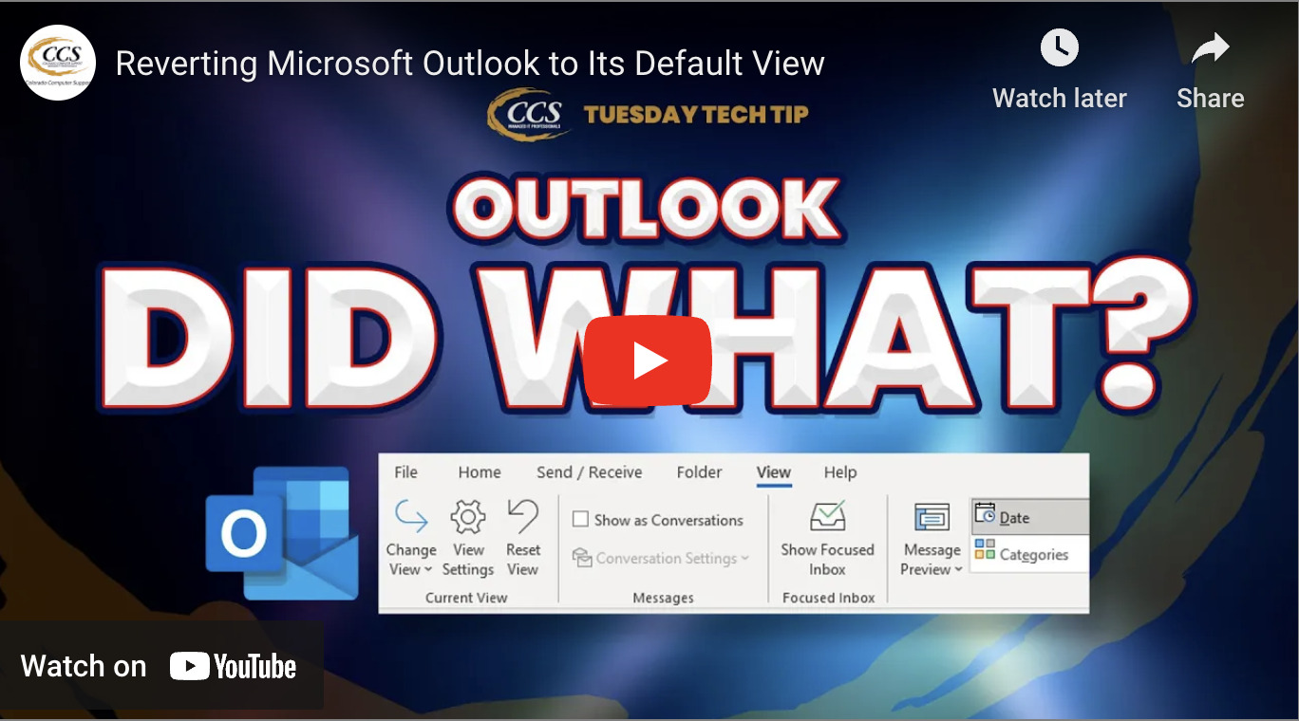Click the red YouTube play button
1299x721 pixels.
[x=648, y=360]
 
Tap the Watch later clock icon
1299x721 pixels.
[x=1059, y=47]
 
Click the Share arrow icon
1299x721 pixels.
[x=1210, y=49]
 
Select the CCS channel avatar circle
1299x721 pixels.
[x=58, y=63]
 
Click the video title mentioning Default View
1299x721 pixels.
[x=470, y=64]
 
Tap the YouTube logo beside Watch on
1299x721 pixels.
[x=234, y=667]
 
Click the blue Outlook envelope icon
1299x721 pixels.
[x=282, y=532]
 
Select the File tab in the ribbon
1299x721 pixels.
[x=405, y=472]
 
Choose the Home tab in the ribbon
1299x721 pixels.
[x=480, y=472]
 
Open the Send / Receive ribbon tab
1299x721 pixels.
[x=589, y=472]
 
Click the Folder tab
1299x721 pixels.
[x=699, y=472]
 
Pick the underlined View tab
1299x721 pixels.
[x=773, y=472]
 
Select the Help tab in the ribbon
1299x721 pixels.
[x=839, y=472]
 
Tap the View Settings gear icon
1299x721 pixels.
[x=467, y=518]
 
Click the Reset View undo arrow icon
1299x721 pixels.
[x=522, y=517]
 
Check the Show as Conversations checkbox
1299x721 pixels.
[x=580, y=520]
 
